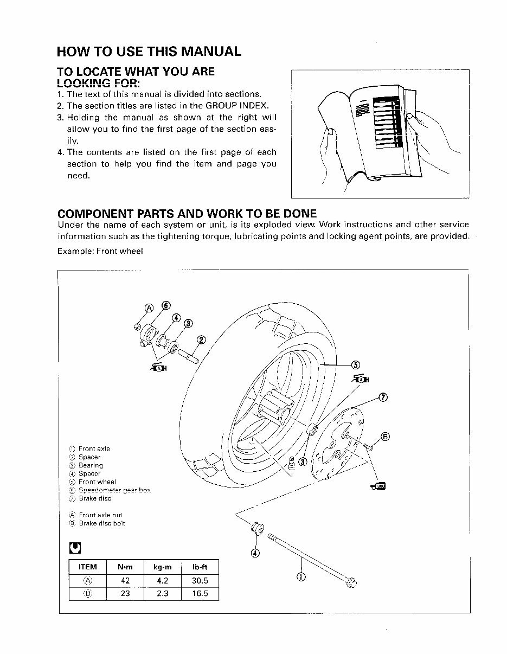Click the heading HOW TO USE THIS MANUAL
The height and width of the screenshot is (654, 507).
coord(149,52)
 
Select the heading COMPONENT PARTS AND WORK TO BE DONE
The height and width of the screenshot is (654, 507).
coord(187,213)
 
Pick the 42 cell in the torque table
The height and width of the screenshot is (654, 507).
coord(125,580)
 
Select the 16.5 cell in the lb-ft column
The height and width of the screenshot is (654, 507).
coord(200,593)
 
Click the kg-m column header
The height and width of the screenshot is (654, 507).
coord(162,567)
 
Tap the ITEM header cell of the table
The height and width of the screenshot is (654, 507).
coord(87,567)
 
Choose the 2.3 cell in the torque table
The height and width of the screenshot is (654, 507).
coord(162,593)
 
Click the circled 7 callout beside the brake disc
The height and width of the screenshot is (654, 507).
coord(383,397)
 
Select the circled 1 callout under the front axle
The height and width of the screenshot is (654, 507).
coord(301,576)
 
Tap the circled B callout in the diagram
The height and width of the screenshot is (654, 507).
coord(386,436)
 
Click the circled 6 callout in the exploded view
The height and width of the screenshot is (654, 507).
coord(166,305)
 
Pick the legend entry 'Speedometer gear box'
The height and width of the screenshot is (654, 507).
coord(114,490)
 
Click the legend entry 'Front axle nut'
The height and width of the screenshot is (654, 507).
coord(100,515)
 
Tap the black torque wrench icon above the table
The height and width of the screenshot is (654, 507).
coord(74,548)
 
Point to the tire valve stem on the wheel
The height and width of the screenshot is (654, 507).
coord(293,461)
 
